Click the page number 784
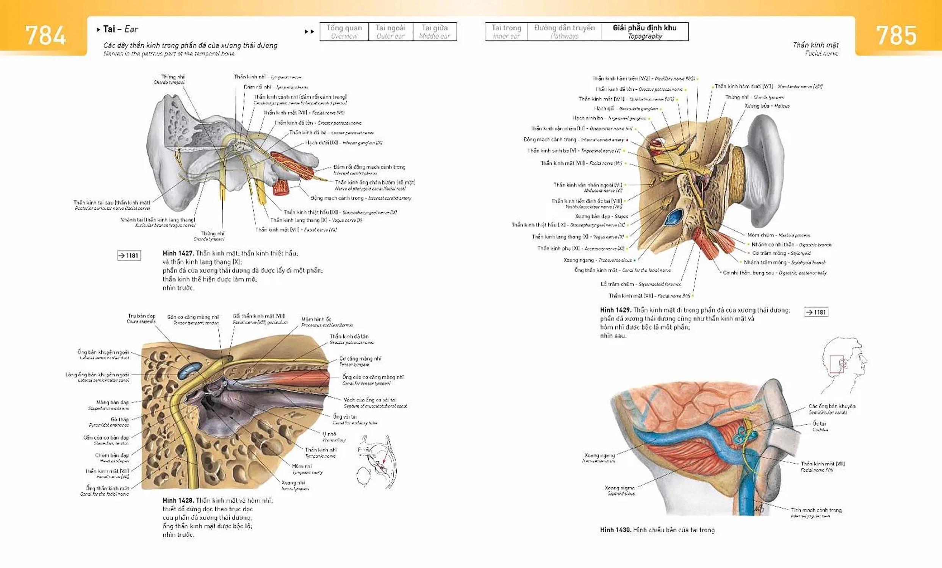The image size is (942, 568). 45,36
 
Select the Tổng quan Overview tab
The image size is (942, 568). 344,31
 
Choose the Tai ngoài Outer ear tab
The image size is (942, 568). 390,31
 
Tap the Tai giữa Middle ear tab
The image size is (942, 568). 434,31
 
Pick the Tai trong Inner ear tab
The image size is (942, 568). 506,31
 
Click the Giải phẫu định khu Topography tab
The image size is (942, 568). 645,31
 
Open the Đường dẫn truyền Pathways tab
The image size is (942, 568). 564,31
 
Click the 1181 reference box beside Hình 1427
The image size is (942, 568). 129,256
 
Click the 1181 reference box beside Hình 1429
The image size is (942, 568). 816,312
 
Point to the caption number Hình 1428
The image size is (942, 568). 178,500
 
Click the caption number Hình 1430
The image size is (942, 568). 615,530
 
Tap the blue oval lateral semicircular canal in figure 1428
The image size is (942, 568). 190,369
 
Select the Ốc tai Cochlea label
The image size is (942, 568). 820,426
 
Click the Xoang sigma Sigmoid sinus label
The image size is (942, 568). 620,490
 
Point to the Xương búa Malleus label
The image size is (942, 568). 767,106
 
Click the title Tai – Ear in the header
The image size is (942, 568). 120,29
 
